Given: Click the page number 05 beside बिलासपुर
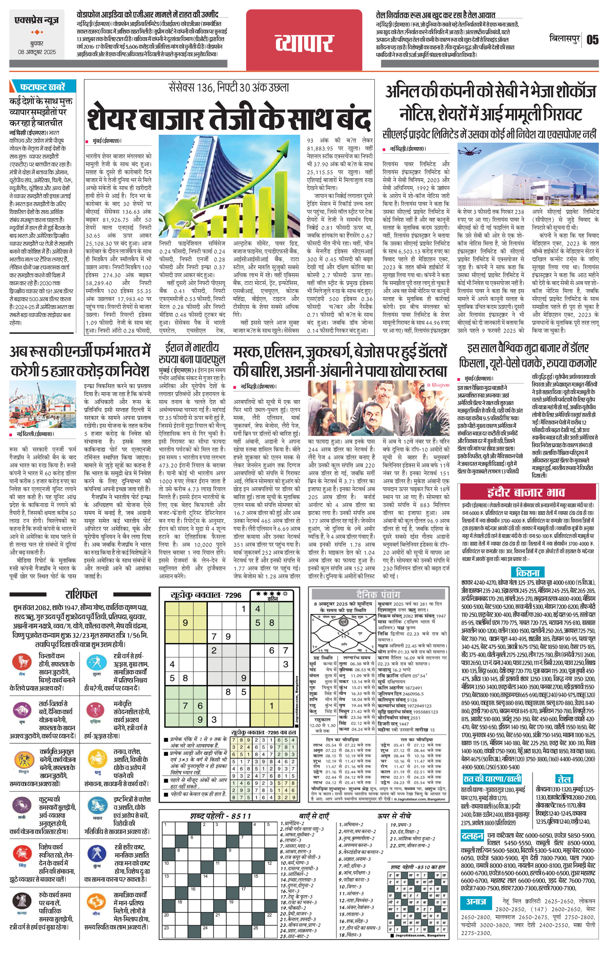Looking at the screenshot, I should [592, 40].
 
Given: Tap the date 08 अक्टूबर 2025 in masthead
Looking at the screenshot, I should [37, 52].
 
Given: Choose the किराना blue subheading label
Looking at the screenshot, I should [528, 572].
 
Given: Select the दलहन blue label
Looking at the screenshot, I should [472, 835].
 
